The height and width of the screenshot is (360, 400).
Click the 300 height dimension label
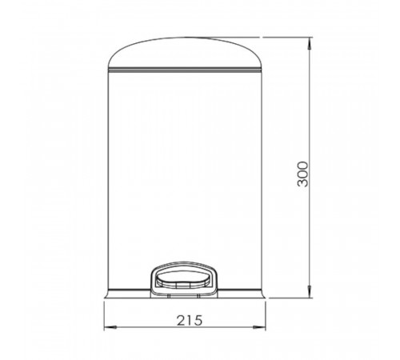pos(302,174)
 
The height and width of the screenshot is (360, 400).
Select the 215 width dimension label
pos(190,320)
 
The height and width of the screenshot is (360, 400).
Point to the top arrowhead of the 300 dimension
pos(310,43)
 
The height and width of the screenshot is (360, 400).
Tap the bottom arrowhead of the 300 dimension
pos(310,291)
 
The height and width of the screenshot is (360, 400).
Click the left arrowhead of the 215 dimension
pos(110,327)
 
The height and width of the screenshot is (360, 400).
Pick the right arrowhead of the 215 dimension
pos(259,327)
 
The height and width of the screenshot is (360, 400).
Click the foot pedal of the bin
pos(184,279)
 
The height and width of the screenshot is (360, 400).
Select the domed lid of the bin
pos(185,53)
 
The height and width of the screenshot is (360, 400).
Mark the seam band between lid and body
pos(185,70)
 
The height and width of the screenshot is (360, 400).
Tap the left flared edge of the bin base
pos(106,293)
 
